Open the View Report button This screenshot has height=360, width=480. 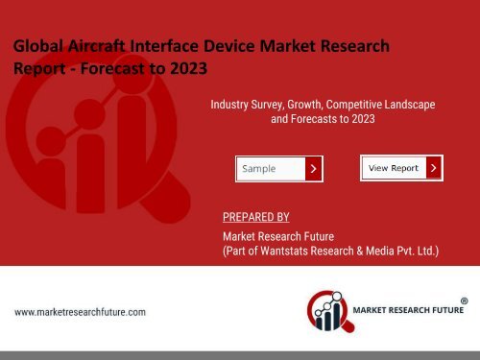pyautogui.click(x=394, y=168)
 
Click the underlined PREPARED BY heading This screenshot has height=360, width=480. pyautogui.click(x=255, y=218)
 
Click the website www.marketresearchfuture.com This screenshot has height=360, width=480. pyautogui.click(x=80, y=312)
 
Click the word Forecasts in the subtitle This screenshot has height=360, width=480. pyautogui.click(x=319, y=121)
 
